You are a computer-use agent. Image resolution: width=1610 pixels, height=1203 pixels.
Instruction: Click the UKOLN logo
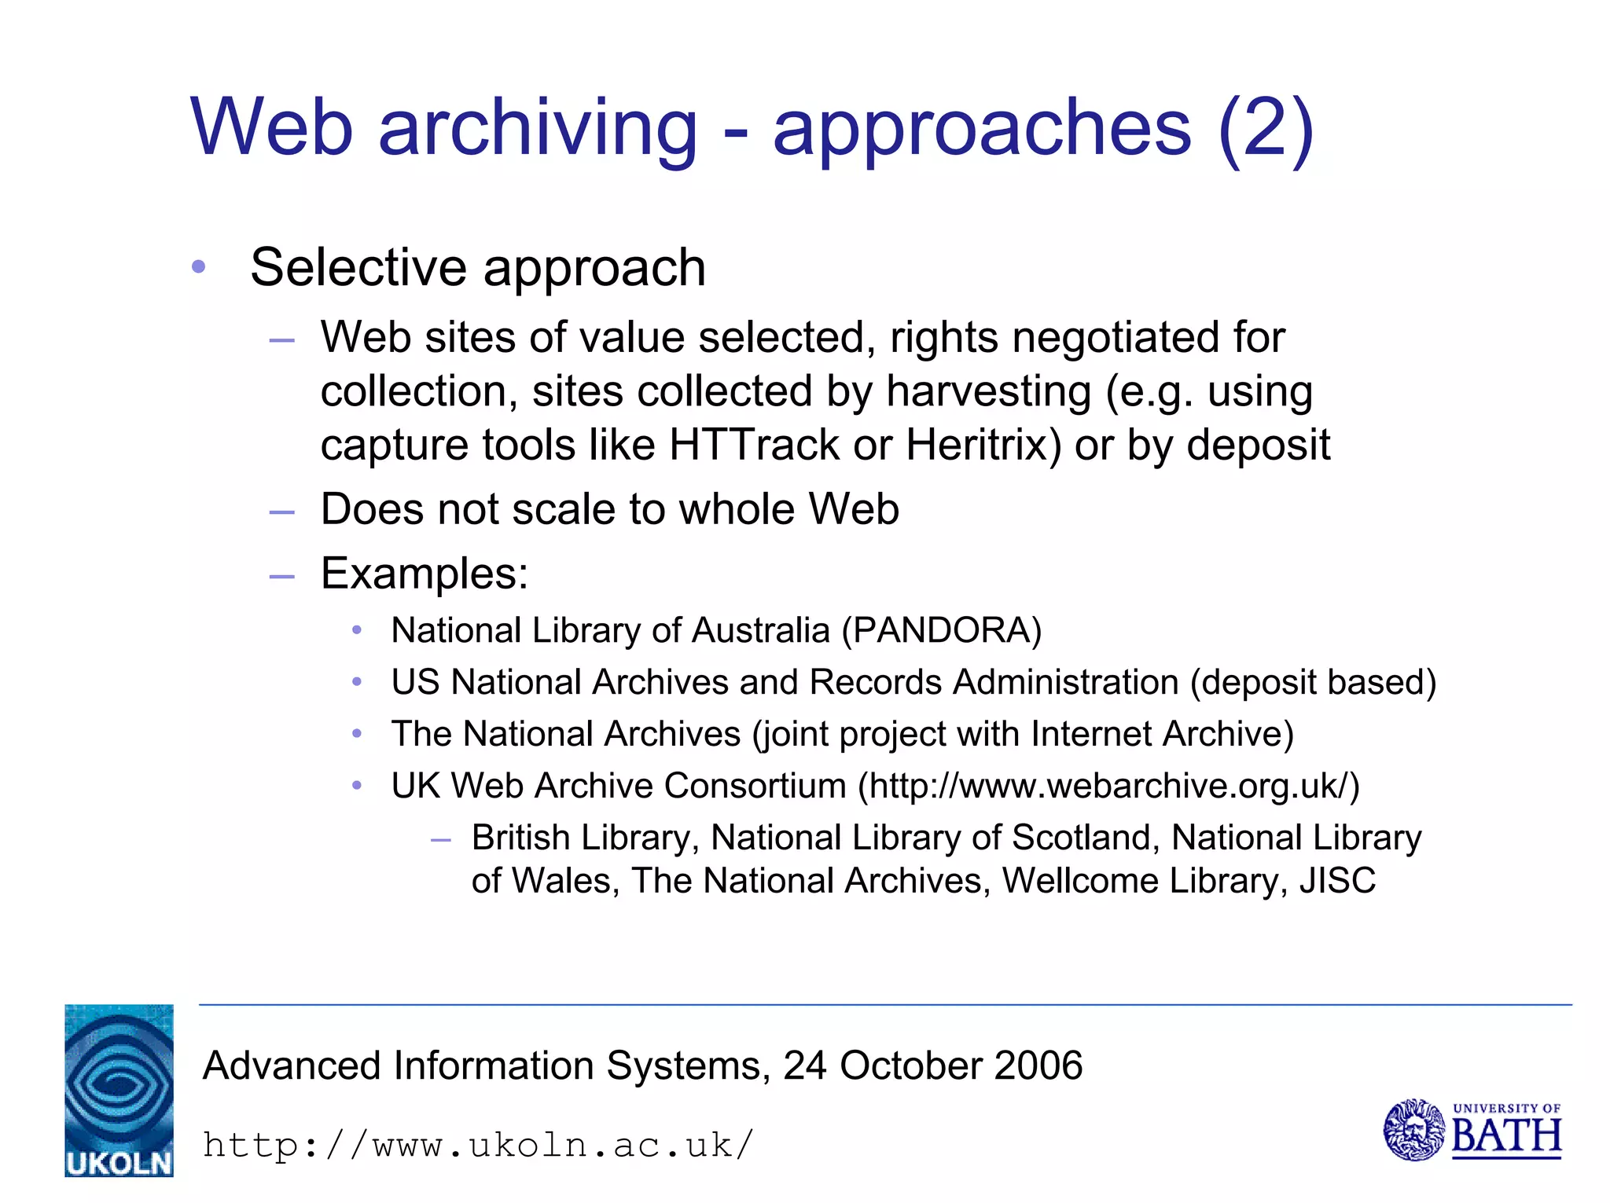pos(119,1090)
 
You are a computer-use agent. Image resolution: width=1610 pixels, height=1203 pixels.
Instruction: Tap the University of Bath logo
pos(1472,1130)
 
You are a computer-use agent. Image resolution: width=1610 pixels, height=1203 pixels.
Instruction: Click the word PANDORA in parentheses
pos(941,630)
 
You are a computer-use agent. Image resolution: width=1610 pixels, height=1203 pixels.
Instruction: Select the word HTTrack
pos(755,445)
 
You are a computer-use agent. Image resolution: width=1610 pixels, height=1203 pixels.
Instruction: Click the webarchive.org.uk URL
pos(1108,786)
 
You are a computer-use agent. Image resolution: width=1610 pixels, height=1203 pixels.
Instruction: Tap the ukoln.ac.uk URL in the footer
pos(478,1145)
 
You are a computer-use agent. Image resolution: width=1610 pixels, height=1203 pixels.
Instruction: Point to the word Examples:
pos(425,574)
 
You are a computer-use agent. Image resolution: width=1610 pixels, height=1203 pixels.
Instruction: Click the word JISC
pos(1337,881)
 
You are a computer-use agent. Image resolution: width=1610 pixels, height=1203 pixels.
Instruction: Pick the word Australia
pos(760,630)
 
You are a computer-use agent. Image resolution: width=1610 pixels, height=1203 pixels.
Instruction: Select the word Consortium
pos(755,786)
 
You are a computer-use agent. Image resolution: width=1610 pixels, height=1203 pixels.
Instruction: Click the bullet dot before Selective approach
pos(198,267)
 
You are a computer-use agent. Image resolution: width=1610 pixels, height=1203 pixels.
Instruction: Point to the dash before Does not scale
pos(281,512)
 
